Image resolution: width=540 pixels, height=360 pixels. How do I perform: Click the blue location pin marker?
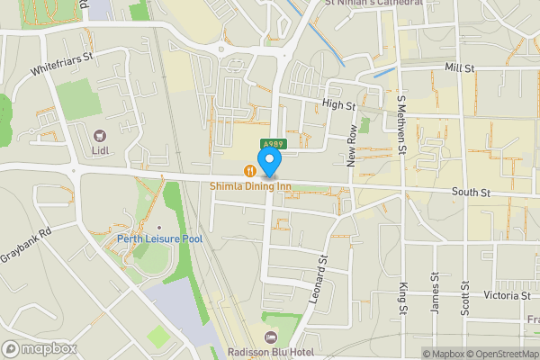pyautogui.click(x=269, y=162)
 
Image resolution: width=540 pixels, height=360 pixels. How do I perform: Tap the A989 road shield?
pyautogui.click(x=275, y=143)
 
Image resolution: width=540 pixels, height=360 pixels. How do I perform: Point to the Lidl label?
pyautogui.click(x=99, y=151)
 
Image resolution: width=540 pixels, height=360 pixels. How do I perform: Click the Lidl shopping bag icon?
pyautogui.click(x=99, y=136)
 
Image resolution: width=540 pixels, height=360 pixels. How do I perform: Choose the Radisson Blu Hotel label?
pyautogui.click(x=270, y=352)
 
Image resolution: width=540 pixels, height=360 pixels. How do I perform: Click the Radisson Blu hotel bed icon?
pyautogui.click(x=270, y=337)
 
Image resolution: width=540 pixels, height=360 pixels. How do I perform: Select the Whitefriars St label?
pyautogui.click(x=62, y=61)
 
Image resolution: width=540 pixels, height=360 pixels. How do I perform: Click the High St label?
pyautogui.click(x=334, y=105)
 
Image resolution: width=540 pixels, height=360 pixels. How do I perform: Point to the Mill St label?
pyautogui.click(x=459, y=67)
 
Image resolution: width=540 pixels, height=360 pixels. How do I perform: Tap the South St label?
pyautogui.click(x=470, y=193)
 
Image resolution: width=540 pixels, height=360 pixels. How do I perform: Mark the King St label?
pyautogui.click(x=403, y=298)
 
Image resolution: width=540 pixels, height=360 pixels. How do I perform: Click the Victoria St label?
pyautogui.click(x=507, y=295)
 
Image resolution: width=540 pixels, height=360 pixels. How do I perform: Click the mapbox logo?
pyautogui.click(x=40, y=348)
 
